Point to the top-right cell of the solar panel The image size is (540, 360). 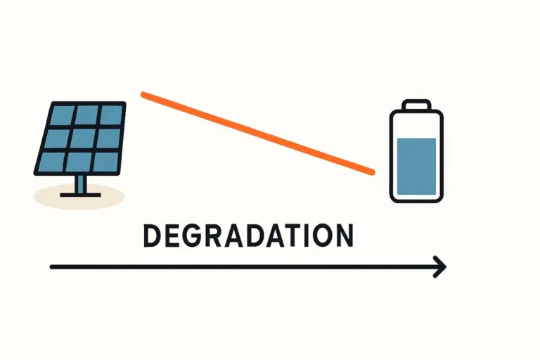pos(110,114)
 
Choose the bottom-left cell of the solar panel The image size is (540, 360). pos(49,161)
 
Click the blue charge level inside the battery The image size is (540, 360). pos(417,166)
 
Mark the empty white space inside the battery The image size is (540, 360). pos(417,126)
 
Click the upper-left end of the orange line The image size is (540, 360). pos(144,94)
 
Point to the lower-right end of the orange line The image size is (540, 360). pos(371,171)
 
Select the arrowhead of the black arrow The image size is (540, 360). pos(440,267)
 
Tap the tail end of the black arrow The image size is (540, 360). pos(52,267)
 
